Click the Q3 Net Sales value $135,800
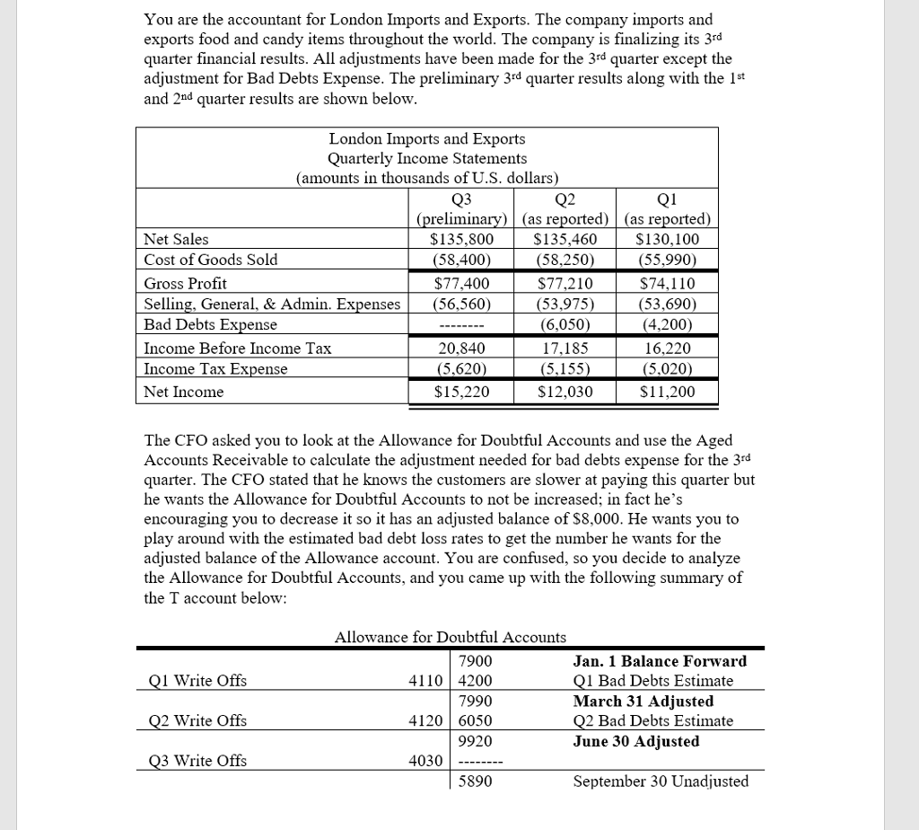pos(461,239)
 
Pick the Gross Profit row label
pos(186,283)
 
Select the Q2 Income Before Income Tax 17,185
pos(565,348)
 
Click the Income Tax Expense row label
pos(216,369)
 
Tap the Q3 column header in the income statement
pos(461,199)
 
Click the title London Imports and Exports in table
pos(427,139)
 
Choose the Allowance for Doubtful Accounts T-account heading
pos(450,637)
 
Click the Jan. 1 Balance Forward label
pos(660,661)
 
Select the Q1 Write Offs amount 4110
pos(425,681)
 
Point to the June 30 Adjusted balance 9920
pos(475,741)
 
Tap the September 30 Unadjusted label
pos(661,781)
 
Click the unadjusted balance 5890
pos(475,781)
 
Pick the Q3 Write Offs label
pos(197,761)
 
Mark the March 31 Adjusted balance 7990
pos(475,701)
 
